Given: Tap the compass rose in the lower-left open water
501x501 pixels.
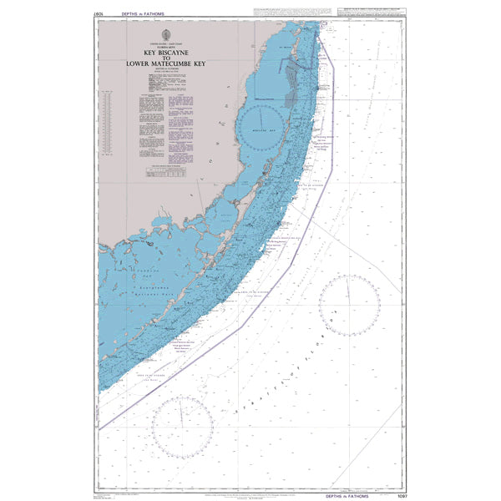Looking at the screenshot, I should click(183, 427).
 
